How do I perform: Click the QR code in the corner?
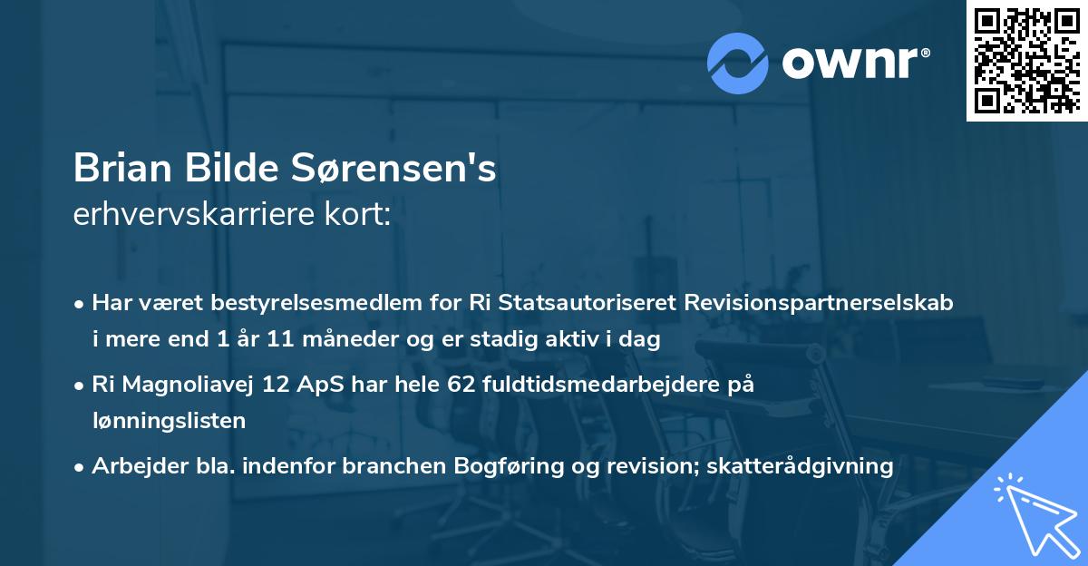pyautogui.click(x=1026, y=61)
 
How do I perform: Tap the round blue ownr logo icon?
pyautogui.click(x=737, y=63)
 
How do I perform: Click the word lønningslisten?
pyautogui.click(x=169, y=420)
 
